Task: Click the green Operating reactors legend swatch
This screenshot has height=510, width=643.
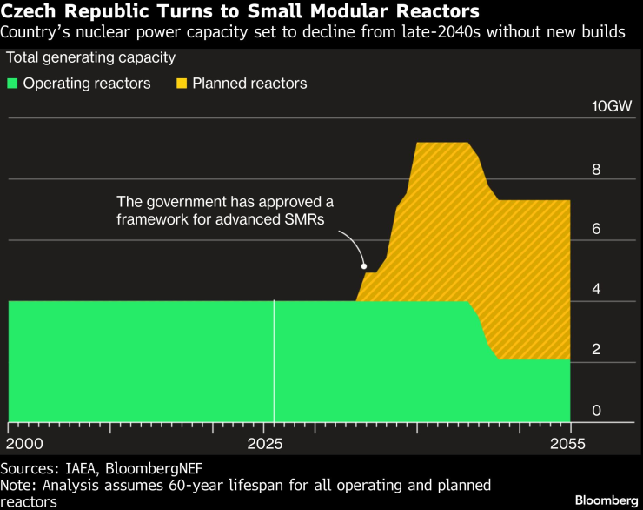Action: (13, 84)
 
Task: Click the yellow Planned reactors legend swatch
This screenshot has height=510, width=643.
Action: (182, 84)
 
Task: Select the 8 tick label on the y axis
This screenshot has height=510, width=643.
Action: (596, 169)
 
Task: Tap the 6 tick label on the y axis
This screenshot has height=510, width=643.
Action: (596, 229)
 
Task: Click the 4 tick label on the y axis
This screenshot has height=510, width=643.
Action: (596, 290)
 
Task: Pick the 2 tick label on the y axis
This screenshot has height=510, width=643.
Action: (596, 350)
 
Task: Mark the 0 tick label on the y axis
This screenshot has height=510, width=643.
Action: (596, 411)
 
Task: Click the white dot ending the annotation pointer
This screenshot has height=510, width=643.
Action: (364, 266)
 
